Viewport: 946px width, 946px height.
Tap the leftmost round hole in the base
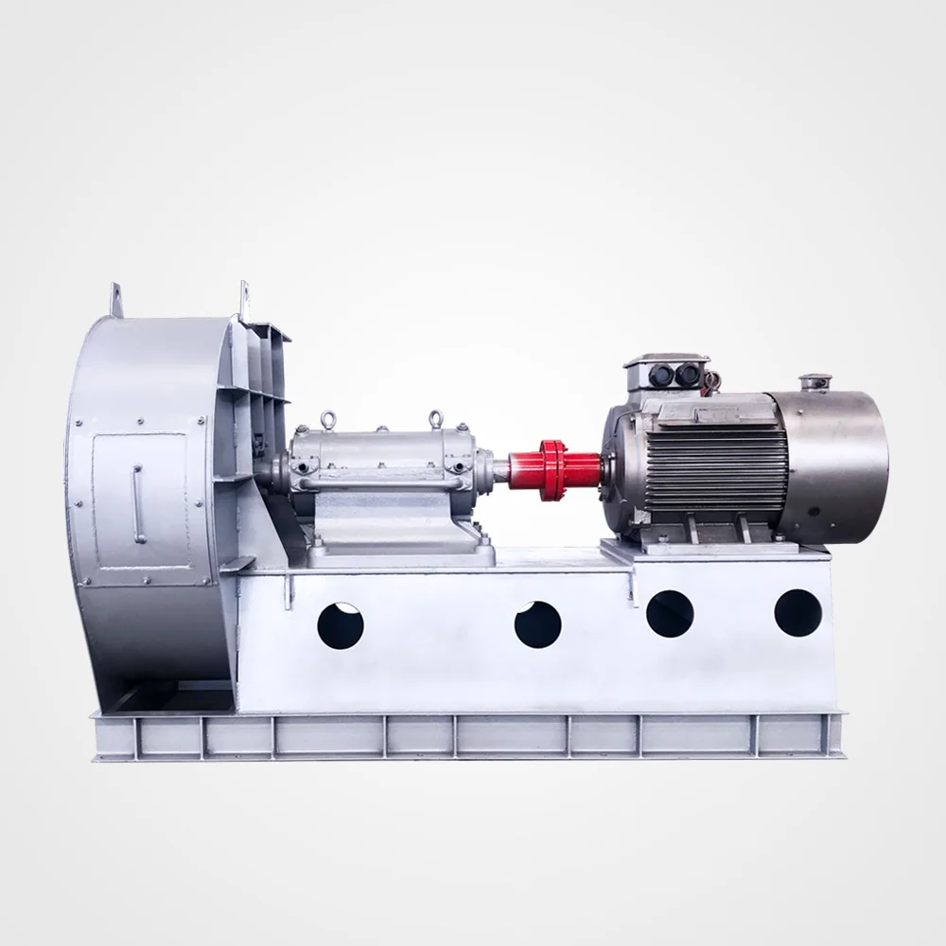point(341,625)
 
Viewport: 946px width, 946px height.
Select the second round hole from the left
point(538,624)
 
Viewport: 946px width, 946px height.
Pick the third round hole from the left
point(670,613)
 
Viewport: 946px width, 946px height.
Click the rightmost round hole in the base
point(797,612)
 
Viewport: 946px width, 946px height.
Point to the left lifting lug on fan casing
point(116,297)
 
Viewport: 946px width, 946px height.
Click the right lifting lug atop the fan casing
point(245,298)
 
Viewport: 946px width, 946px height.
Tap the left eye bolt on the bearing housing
point(328,417)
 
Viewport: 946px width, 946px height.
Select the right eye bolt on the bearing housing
point(435,417)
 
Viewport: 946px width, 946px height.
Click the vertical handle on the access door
point(138,502)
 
